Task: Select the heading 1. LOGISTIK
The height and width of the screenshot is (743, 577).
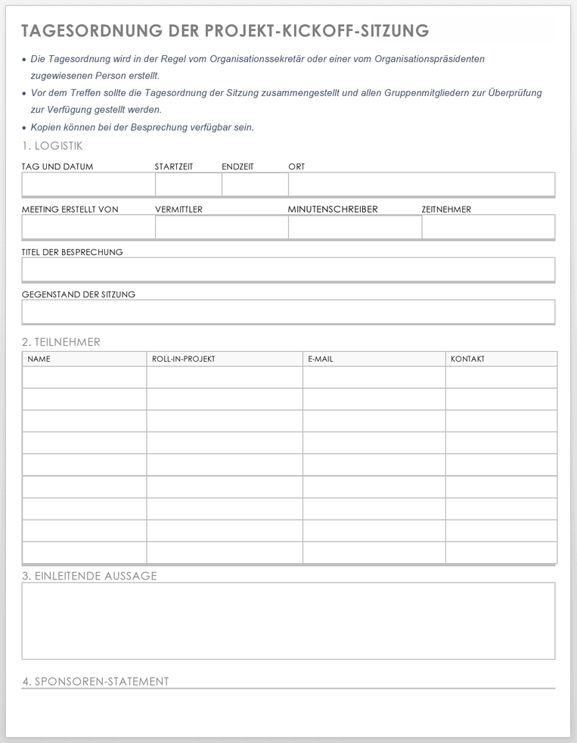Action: [52, 146]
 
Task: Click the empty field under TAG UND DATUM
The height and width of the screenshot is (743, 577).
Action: [88, 185]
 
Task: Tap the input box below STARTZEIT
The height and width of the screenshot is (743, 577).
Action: [188, 185]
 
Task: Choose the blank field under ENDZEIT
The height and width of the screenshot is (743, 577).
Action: [255, 185]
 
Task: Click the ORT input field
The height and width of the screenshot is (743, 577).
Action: [421, 185]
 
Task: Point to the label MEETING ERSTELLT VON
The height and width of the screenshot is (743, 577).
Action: [70, 210]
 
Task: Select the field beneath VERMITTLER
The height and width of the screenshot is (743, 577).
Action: [222, 227]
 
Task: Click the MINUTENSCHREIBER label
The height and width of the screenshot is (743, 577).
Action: [333, 210]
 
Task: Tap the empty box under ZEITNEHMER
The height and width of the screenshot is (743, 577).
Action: [488, 227]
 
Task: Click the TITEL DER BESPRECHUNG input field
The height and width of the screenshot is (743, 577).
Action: [288, 269]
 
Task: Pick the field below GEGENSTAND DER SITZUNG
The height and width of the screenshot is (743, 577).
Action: [288, 312]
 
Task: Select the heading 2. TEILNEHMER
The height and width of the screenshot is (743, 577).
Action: [61, 342]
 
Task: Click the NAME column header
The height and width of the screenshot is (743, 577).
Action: [39, 359]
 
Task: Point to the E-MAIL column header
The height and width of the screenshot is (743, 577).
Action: [321, 359]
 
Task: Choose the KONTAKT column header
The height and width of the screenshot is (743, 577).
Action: [467, 359]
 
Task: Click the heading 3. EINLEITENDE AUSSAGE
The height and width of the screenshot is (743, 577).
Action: [89, 576]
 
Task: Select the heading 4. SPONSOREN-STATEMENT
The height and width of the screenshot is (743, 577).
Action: [95, 682]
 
